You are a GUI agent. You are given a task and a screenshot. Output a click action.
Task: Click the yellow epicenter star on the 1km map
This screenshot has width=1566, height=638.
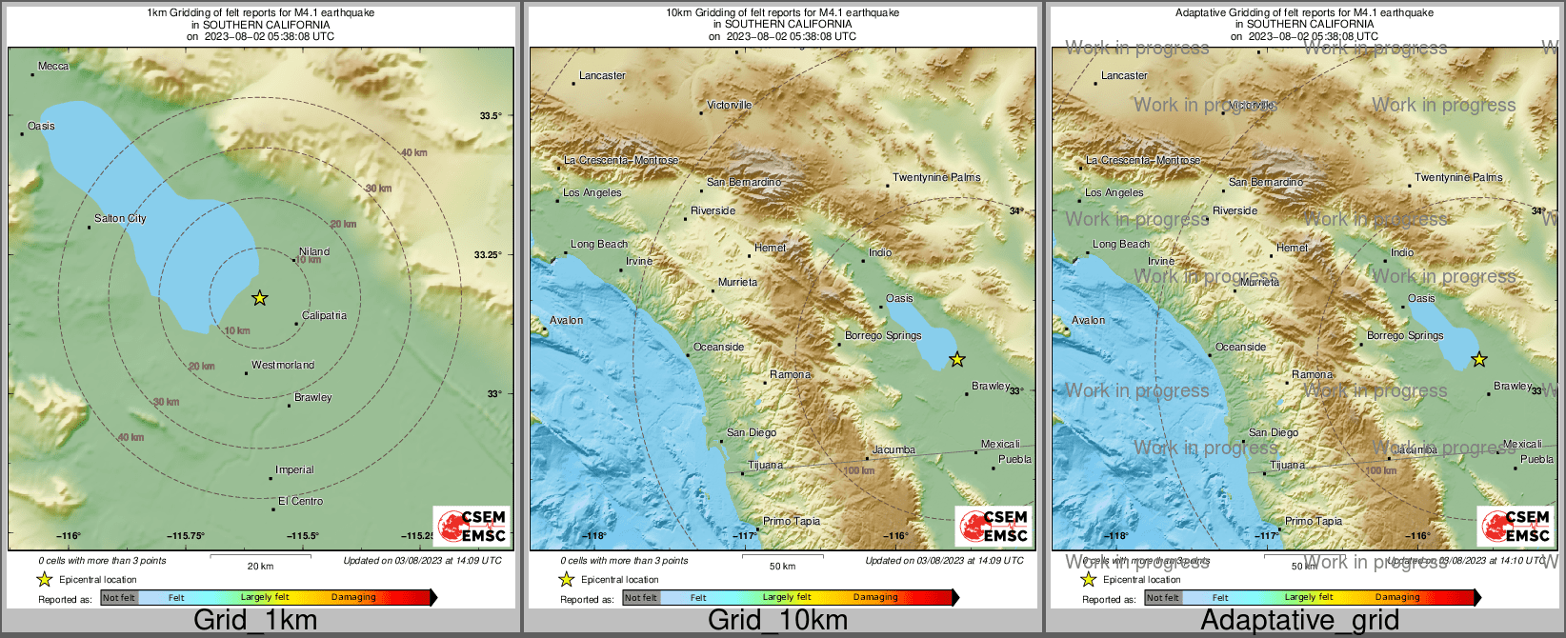[259, 298]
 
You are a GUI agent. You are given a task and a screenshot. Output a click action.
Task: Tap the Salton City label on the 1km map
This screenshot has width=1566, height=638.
[120, 219]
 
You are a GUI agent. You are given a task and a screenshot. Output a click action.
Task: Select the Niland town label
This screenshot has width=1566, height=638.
[314, 251]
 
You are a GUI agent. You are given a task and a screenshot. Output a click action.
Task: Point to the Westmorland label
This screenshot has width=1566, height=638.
[283, 365]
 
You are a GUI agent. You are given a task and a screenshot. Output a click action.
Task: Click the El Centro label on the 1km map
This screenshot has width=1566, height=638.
[300, 501]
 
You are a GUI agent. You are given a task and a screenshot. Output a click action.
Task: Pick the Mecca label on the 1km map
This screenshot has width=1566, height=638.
[53, 67]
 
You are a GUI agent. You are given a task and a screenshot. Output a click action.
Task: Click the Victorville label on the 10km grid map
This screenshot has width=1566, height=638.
[730, 105]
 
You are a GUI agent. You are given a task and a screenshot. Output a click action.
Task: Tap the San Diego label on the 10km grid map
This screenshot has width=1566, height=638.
[752, 432]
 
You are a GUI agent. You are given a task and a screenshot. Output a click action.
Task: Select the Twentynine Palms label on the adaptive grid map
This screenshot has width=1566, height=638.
[1458, 177]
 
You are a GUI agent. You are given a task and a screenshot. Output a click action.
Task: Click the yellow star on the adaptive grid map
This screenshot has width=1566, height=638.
[1478, 359]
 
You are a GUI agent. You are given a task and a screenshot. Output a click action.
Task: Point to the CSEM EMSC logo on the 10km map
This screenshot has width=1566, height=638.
[994, 526]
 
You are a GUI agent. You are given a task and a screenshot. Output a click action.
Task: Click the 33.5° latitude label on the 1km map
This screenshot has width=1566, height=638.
[490, 116]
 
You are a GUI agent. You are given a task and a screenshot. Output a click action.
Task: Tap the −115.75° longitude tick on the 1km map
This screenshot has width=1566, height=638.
[186, 536]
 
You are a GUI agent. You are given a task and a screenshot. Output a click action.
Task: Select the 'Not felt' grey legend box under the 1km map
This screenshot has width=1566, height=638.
[119, 598]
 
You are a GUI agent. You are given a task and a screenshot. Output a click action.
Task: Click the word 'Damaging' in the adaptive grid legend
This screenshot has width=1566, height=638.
[1397, 597]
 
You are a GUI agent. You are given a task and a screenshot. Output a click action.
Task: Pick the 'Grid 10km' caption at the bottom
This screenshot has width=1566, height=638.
[777, 621]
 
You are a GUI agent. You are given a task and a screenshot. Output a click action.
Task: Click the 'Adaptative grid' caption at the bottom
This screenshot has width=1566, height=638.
[1299, 621]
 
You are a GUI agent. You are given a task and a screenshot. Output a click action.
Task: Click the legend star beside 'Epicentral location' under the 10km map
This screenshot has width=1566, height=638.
[566, 579]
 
